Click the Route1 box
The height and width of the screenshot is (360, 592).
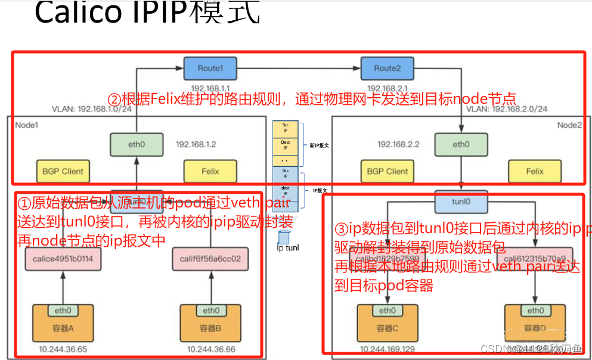(210, 68)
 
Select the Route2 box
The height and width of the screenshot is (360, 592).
(387, 68)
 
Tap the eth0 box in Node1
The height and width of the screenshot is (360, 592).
(136, 144)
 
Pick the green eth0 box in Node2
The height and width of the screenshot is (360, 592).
(461, 144)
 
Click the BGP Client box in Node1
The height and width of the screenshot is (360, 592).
(63, 171)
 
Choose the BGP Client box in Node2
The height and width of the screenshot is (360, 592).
(388, 171)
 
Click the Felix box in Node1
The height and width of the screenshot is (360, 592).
(210, 171)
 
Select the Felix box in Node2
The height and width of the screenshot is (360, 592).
(535, 171)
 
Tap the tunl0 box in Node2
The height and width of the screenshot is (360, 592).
(460, 202)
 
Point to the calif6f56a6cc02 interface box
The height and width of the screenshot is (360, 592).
(210, 259)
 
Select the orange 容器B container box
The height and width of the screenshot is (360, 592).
(210, 322)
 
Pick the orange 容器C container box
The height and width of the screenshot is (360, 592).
(387, 322)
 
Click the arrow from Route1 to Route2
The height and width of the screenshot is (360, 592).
(298, 68)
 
